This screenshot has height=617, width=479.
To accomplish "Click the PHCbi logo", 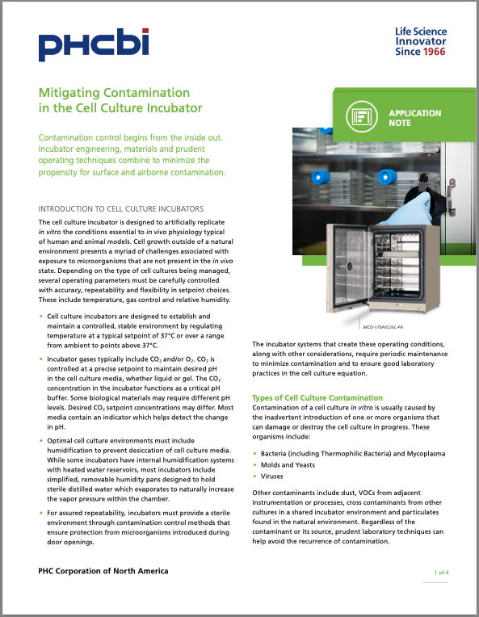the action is click(92, 44).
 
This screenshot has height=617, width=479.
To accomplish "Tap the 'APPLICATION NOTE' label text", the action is click(414, 118).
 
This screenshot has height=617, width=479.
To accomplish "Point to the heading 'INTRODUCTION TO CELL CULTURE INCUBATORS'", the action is click(121, 208).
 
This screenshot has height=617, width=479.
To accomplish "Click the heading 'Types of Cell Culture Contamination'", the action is click(317, 398).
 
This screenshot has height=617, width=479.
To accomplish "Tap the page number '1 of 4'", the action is click(441, 572).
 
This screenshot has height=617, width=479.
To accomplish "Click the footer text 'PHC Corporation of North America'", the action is click(103, 571).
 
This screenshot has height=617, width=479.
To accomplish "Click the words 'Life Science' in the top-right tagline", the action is click(421, 31).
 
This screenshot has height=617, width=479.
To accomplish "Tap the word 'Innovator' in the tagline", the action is click(421, 42).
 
